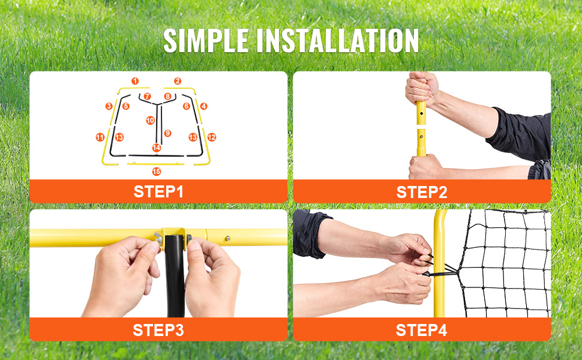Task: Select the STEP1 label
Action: (158, 191)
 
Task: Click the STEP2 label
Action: (422, 192)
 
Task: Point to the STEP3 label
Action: (158, 330)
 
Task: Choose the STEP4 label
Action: (421, 330)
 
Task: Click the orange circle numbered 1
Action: (135, 81)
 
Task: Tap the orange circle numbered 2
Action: (178, 81)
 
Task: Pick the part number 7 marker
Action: (148, 97)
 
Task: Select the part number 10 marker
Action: (151, 120)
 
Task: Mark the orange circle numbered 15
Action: (156, 172)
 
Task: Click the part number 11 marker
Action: (100, 137)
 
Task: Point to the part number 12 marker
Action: (212, 137)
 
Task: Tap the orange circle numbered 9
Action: (168, 133)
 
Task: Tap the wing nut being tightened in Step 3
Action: (158, 237)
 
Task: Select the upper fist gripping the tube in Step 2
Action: (421, 88)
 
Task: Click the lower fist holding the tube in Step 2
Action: (425, 167)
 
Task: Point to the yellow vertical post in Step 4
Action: (439, 263)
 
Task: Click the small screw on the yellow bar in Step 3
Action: (228, 238)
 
